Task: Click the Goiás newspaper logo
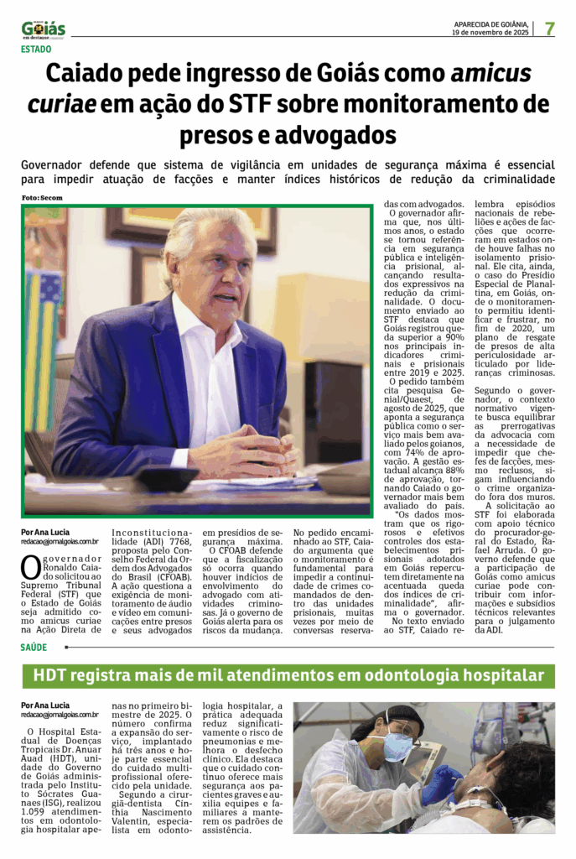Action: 43,29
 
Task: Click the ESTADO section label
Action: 36,49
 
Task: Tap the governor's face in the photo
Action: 216,273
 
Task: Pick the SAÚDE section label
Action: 34,647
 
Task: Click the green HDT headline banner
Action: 288,675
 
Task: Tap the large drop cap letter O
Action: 29,568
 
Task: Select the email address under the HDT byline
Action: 60,715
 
